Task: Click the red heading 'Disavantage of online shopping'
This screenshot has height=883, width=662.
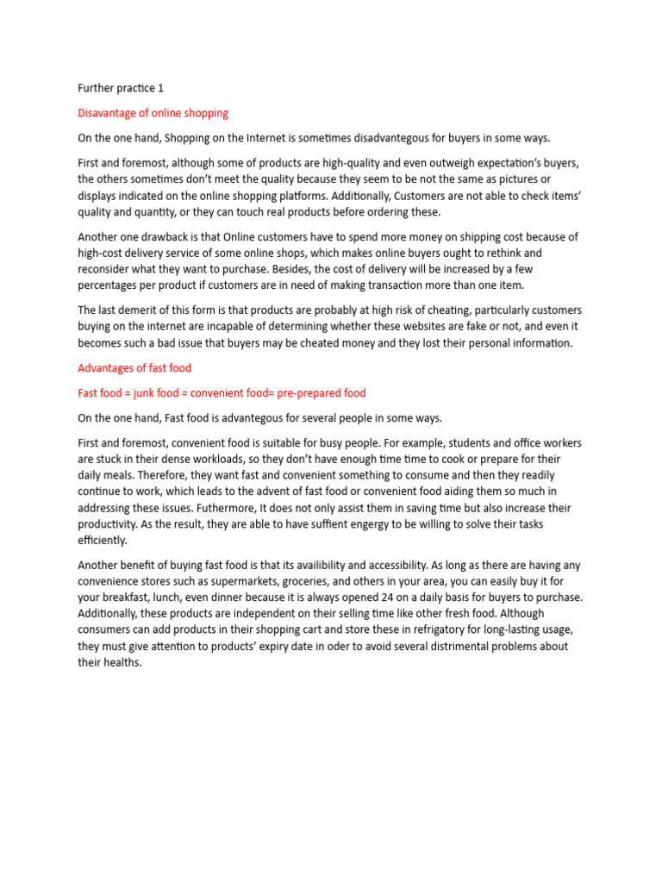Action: (x=153, y=113)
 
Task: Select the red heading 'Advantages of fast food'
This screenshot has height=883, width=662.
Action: (x=134, y=367)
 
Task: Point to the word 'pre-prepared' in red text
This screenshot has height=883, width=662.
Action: (x=309, y=393)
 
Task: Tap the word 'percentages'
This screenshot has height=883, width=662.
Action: (x=112, y=285)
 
